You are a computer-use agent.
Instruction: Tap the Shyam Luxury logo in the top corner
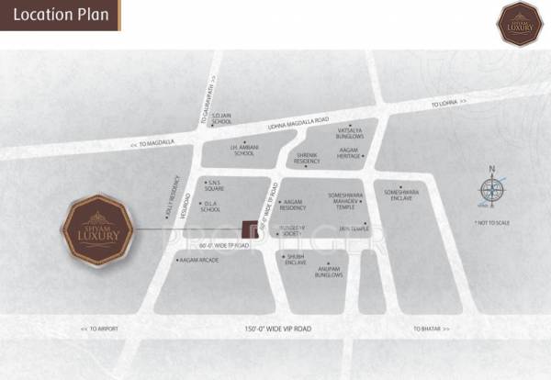point(521,24)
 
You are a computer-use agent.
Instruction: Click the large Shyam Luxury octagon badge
point(98,229)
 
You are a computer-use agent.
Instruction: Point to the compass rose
point(492,190)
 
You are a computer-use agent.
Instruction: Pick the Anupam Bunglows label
point(329,273)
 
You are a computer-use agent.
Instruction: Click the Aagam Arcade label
point(200,261)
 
